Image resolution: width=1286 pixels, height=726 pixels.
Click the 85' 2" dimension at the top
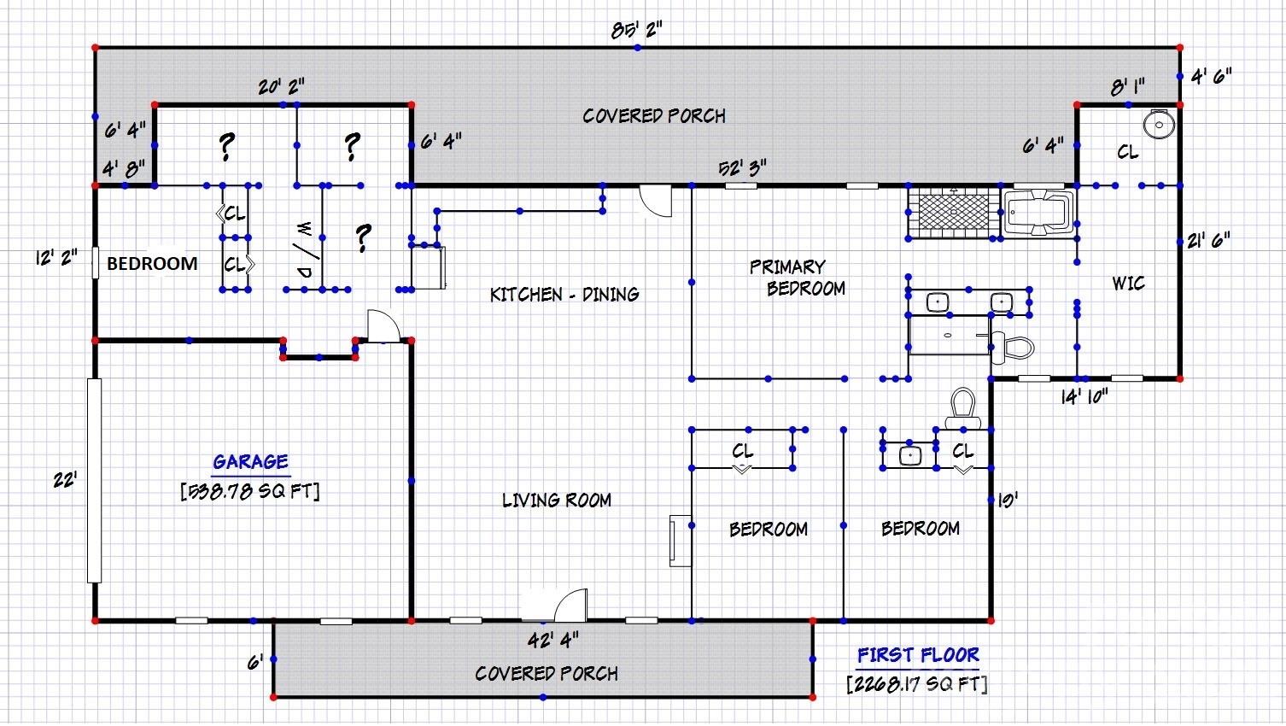pyautogui.click(x=636, y=31)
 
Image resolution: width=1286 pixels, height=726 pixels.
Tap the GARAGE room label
pyautogui.click(x=250, y=462)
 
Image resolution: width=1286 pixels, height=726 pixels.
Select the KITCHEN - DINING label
pyautogui.click(x=564, y=295)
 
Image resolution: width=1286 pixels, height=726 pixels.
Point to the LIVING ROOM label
pyautogui.click(x=556, y=501)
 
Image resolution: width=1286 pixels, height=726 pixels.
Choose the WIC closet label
pyautogui.click(x=1127, y=284)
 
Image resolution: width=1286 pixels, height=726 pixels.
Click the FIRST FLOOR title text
pyautogui.click(x=918, y=655)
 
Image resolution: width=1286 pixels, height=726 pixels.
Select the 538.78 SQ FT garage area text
pyautogui.click(x=250, y=491)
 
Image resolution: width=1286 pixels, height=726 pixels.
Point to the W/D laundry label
pyautogui.click(x=304, y=249)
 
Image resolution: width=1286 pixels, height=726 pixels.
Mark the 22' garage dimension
pyautogui.click(x=65, y=480)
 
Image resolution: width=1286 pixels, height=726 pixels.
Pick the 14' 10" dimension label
pyautogui.click(x=1084, y=396)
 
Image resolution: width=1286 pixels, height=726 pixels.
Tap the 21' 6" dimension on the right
pyautogui.click(x=1208, y=241)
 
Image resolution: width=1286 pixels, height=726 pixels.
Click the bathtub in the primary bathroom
pyautogui.click(x=1038, y=210)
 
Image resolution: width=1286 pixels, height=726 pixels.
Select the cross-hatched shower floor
pyautogui.click(x=952, y=211)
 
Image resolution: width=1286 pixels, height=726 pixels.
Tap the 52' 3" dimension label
pyautogui.click(x=742, y=167)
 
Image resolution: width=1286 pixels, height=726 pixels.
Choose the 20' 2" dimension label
pyautogui.click(x=281, y=86)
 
